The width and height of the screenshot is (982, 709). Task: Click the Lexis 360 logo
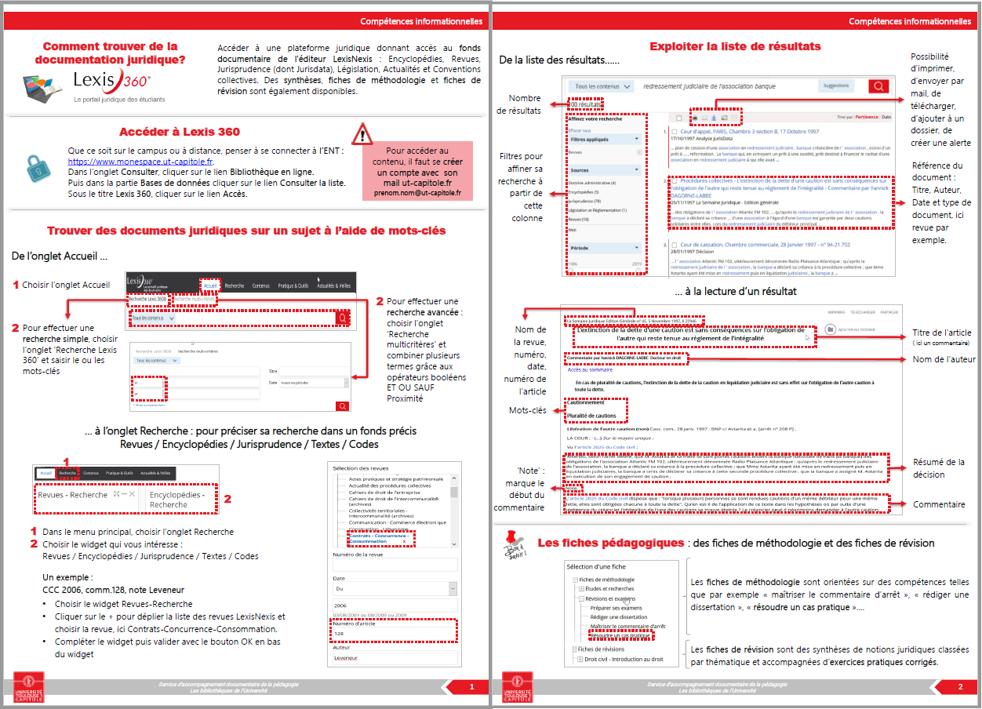coord(110,81)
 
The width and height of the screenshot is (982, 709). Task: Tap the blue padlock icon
coord(38,169)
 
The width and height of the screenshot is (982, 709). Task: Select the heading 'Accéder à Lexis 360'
coord(179,132)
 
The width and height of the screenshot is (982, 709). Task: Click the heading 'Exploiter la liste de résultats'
coord(735,47)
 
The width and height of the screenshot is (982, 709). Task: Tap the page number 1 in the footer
coord(471,687)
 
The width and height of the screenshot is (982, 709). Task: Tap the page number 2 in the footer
coord(960,687)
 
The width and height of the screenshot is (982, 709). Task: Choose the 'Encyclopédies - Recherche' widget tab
coord(179,500)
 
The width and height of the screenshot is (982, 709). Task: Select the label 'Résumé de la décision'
coord(938,468)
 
